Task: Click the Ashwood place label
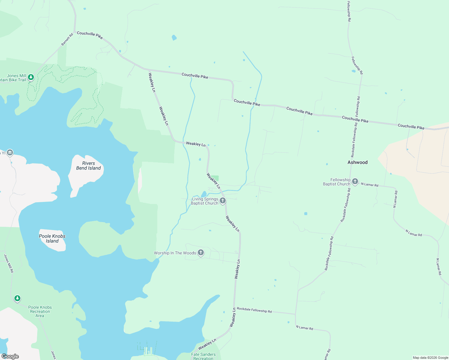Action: pyautogui.click(x=357, y=162)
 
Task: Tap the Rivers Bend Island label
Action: pyautogui.click(x=88, y=166)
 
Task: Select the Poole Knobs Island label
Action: pyautogui.click(x=52, y=238)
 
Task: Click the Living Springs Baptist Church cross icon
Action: pyautogui.click(x=222, y=201)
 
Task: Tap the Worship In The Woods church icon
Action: pyautogui.click(x=201, y=253)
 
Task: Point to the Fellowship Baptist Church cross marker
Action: pyautogui.click(x=355, y=181)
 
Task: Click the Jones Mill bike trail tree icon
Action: pyautogui.click(x=31, y=77)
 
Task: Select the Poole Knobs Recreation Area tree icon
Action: pyautogui.click(x=17, y=298)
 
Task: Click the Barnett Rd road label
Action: pyautogui.click(x=67, y=40)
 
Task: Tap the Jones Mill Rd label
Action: pyautogui.click(x=8, y=263)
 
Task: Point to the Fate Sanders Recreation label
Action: pyautogui.click(x=203, y=356)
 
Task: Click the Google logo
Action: pyautogui.click(x=10, y=356)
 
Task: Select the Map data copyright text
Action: pyautogui.click(x=430, y=358)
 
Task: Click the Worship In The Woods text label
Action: pyautogui.click(x=175, y=253)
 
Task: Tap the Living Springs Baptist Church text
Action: pyautogui.click(x=205, y=201)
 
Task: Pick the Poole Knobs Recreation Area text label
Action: pyautogui.click(x=40, y=311)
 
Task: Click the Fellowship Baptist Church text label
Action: pyautogui.click(x=336, y=182)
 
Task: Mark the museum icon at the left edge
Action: pyautogui.click(x=10, y=153)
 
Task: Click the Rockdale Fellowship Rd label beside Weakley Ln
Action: pyautogui.click(x=254, y=310)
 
